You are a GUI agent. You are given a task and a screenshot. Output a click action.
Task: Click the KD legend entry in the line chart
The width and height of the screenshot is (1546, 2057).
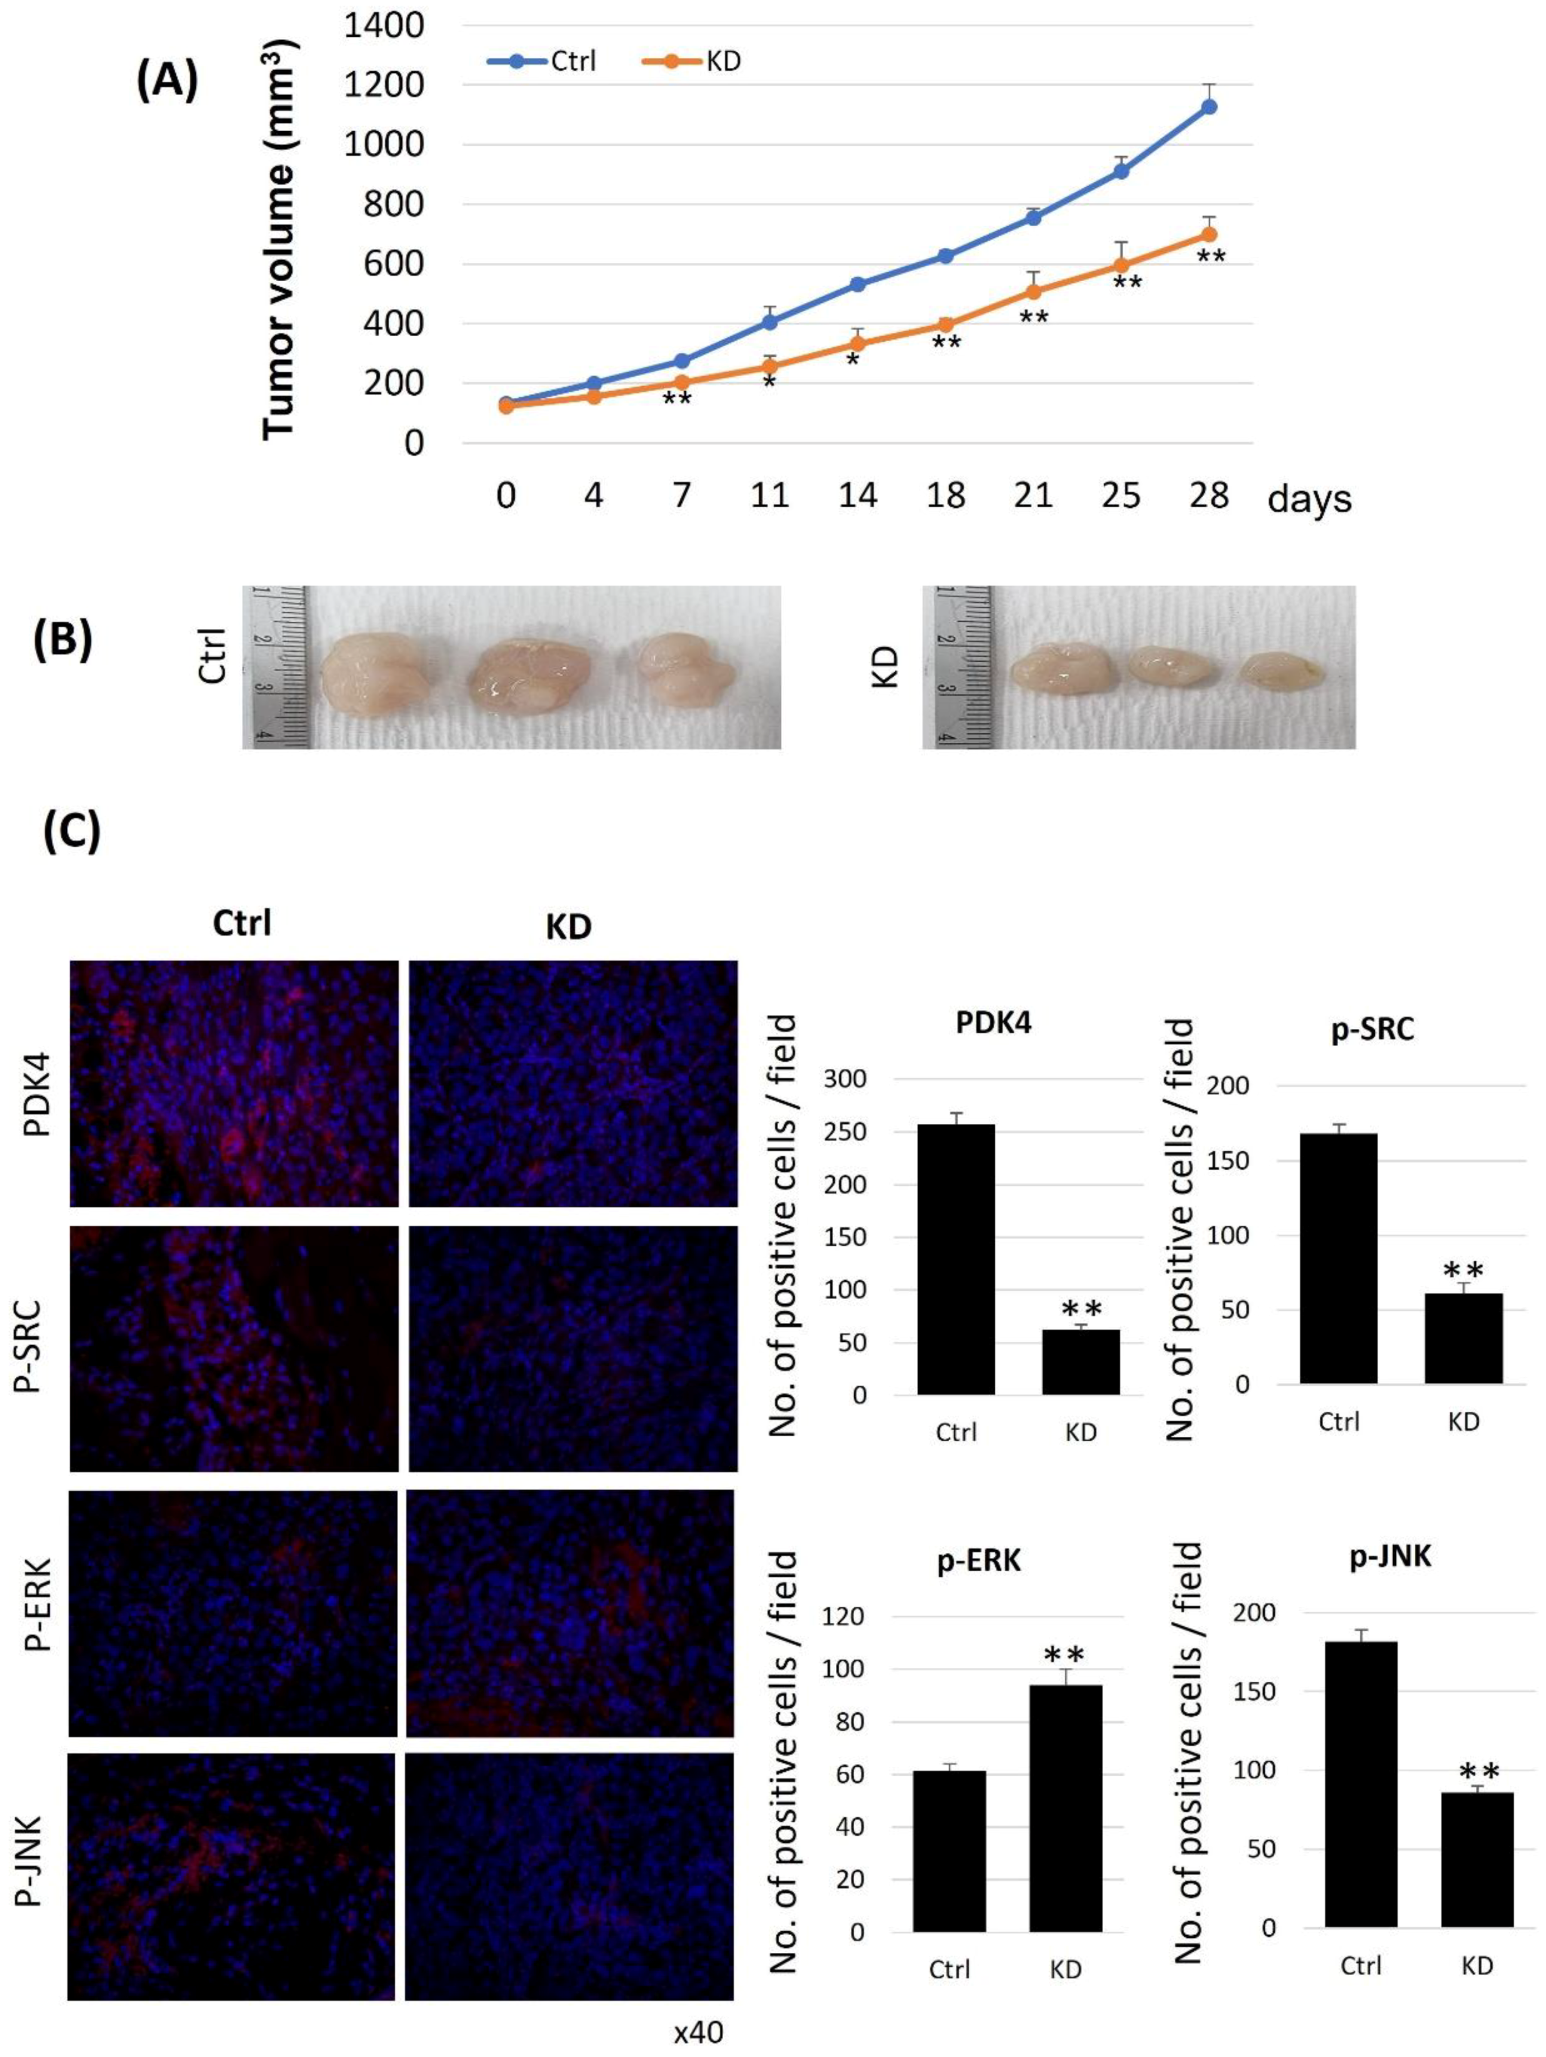[692, 62]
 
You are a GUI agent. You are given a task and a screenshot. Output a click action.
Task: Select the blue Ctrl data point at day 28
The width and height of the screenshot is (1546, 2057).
[1209, 107]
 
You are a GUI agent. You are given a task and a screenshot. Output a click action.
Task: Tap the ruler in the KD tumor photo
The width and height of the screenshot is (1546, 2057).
[955, 667]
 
